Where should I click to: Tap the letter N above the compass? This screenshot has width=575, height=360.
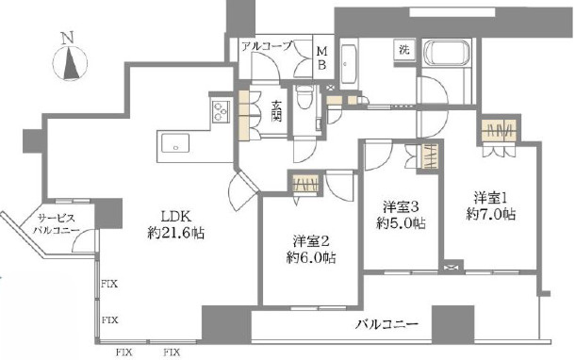pyautogui.click(x=65, y=38)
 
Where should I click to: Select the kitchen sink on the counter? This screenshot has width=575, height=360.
pyautogui.click(x=175, y=144)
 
